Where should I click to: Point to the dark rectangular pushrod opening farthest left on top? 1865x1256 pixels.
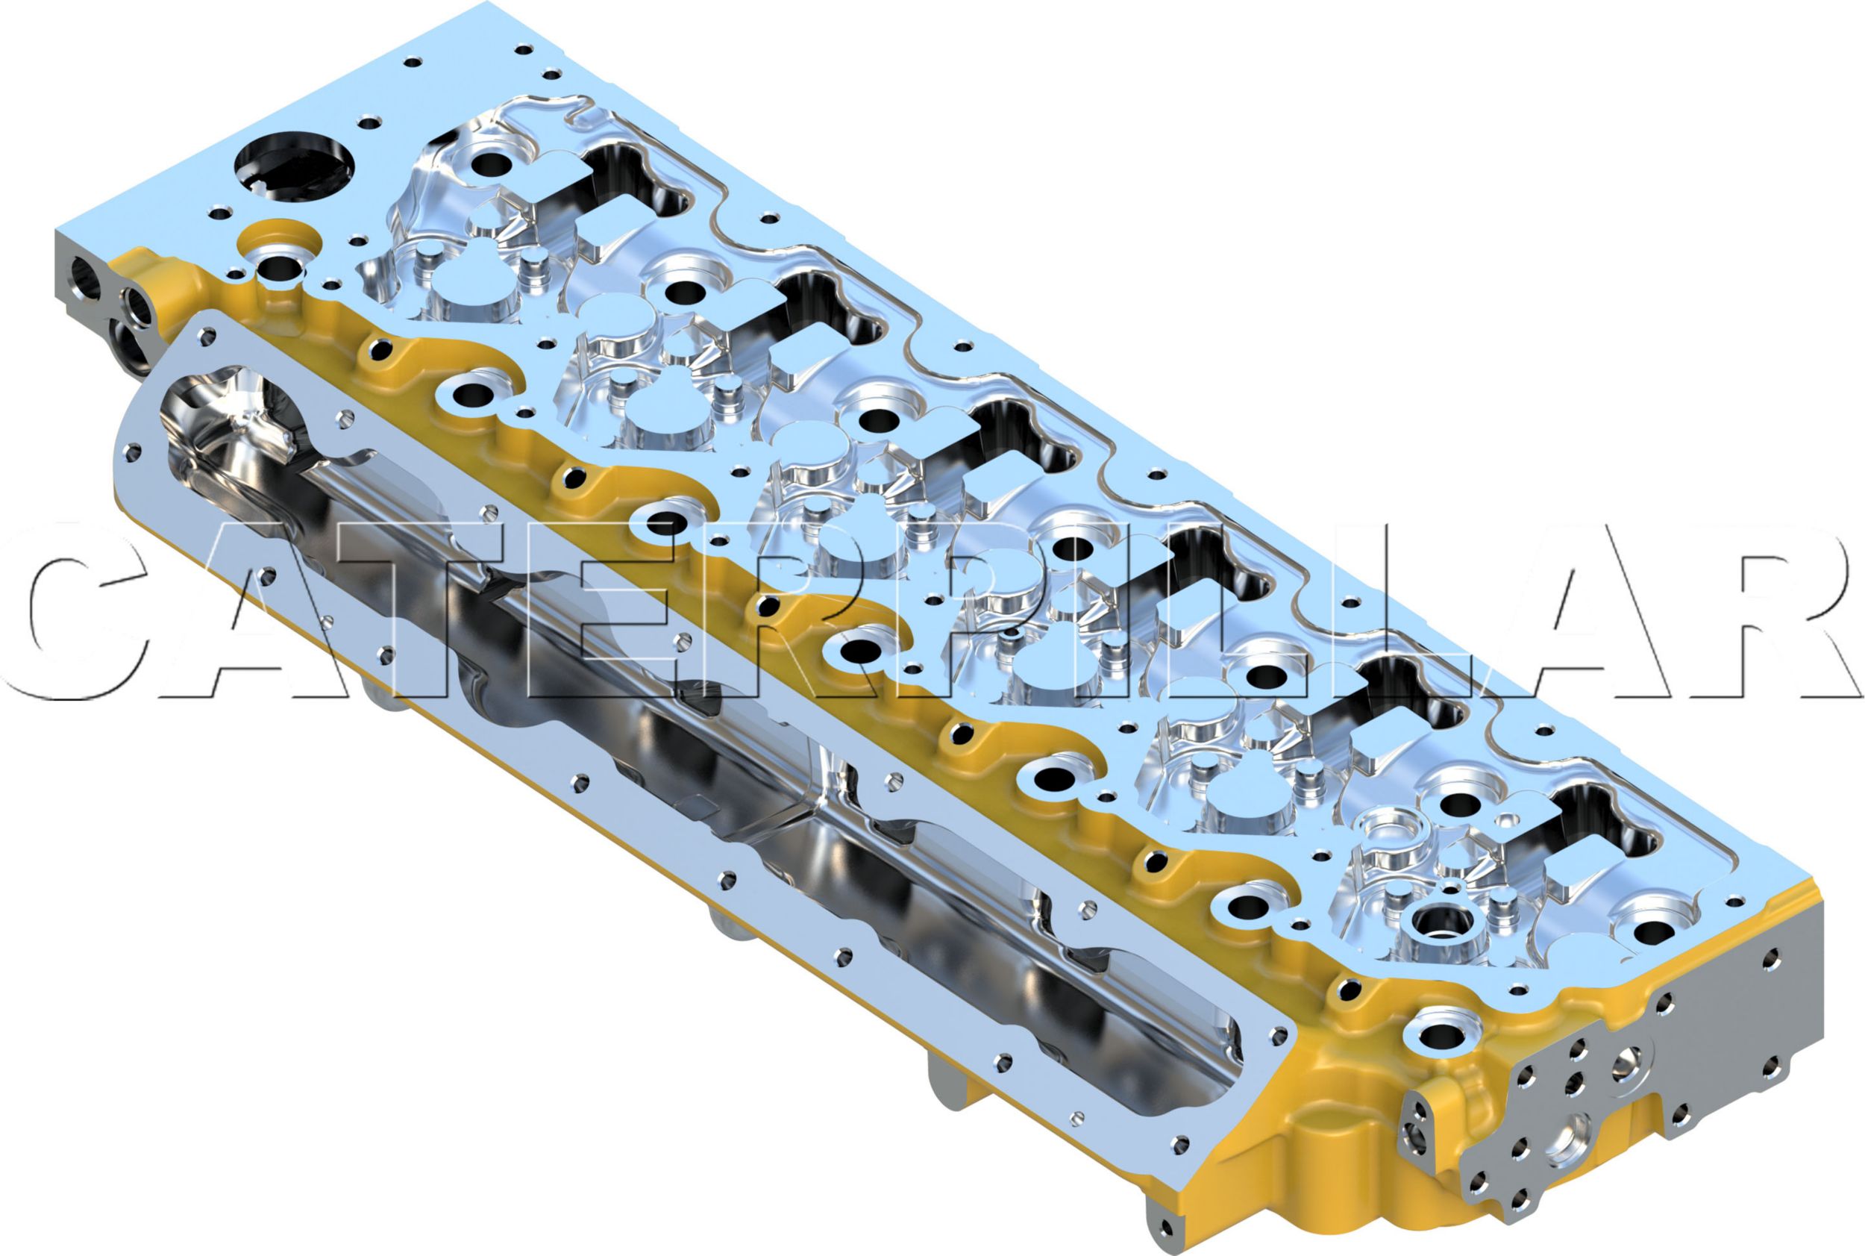[633, 176]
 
